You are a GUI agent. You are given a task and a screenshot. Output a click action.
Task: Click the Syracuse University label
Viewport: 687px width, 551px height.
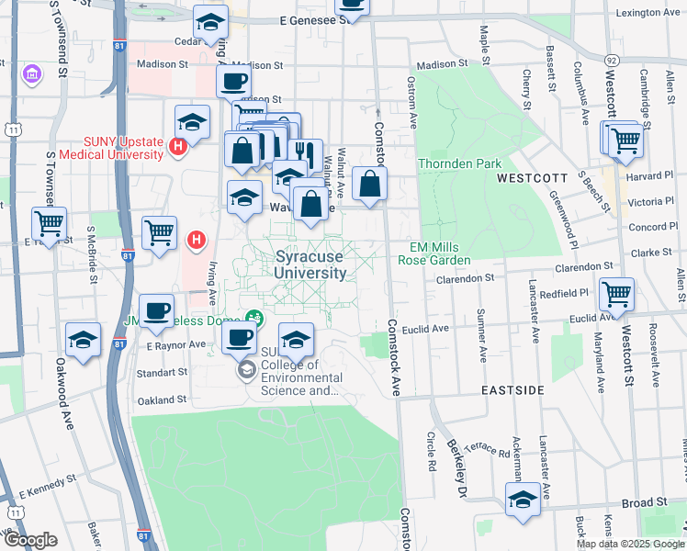[311, 265]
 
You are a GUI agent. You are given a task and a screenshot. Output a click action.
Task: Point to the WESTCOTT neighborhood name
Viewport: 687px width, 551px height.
[528, 175]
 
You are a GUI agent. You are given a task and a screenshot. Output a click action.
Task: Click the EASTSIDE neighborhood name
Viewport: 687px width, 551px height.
[513, 390]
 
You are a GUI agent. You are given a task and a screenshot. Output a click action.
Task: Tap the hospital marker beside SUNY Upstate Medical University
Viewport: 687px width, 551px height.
[180, 145]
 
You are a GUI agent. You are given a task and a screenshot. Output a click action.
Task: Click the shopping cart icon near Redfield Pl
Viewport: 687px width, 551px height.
[616, 295]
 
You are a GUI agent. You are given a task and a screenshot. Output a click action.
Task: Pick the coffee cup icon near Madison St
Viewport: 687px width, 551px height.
[233, 81]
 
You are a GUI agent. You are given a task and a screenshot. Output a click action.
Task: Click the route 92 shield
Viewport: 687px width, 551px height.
[611, 59]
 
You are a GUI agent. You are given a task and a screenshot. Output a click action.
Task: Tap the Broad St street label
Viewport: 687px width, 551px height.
[643, 503]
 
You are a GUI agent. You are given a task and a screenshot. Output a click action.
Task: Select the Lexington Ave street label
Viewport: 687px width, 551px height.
[648, 13]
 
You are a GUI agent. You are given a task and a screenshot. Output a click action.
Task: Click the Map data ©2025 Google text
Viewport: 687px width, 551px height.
[629, 544]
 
